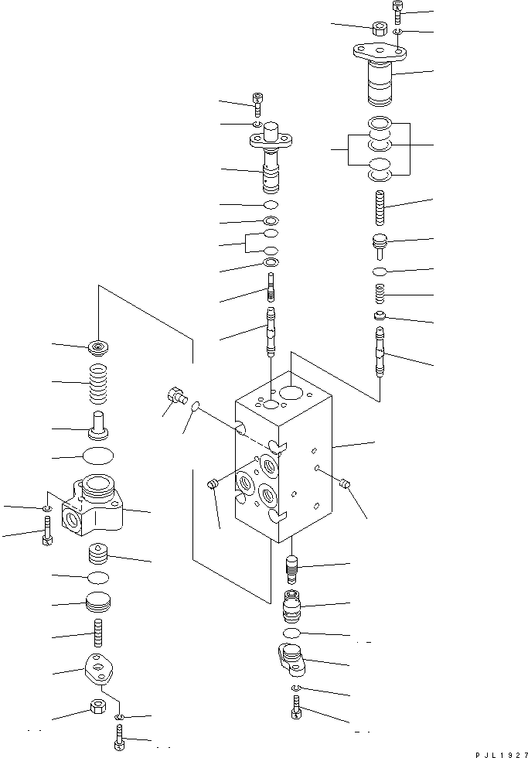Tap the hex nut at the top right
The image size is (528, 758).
point(380,29)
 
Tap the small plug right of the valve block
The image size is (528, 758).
point(345,484)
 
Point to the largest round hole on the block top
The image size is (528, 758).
point(291,394)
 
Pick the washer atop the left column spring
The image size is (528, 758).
point(99,347)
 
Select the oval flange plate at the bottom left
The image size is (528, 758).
point(99,667)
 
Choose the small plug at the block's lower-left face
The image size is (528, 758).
point(213,485)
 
